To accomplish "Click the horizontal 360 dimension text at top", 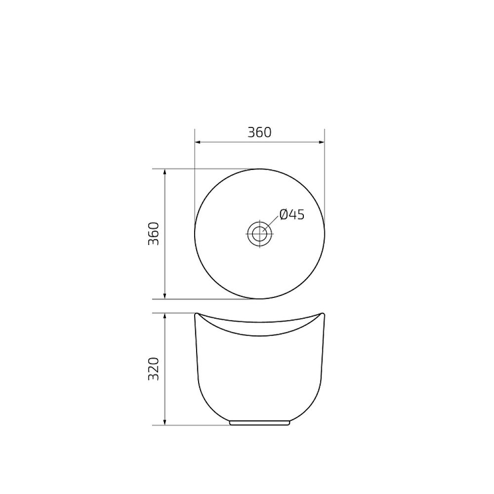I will click(x=259, y=132).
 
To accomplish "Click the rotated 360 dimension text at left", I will click(x=154, y=234).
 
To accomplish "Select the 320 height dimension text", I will click(x=154, y=369).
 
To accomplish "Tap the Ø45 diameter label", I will click(x=291, y=214).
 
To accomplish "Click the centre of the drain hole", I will click(x=259, y=234).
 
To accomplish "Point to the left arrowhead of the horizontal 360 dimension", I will click(x=198, y=142).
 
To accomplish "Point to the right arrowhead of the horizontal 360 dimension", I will click(x=322, y=142).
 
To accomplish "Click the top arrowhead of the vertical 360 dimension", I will click(x=165, y=171).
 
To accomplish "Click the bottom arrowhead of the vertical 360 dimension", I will click(x=165, y=296).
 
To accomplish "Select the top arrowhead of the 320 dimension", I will click(x=165, y=316).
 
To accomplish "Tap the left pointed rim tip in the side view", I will click(x=197, y=313).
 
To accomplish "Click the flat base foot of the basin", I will click(x=259, y=423).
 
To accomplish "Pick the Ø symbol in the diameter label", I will click(x=284, y=214).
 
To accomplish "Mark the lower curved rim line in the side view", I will click(x=259, y=335).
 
